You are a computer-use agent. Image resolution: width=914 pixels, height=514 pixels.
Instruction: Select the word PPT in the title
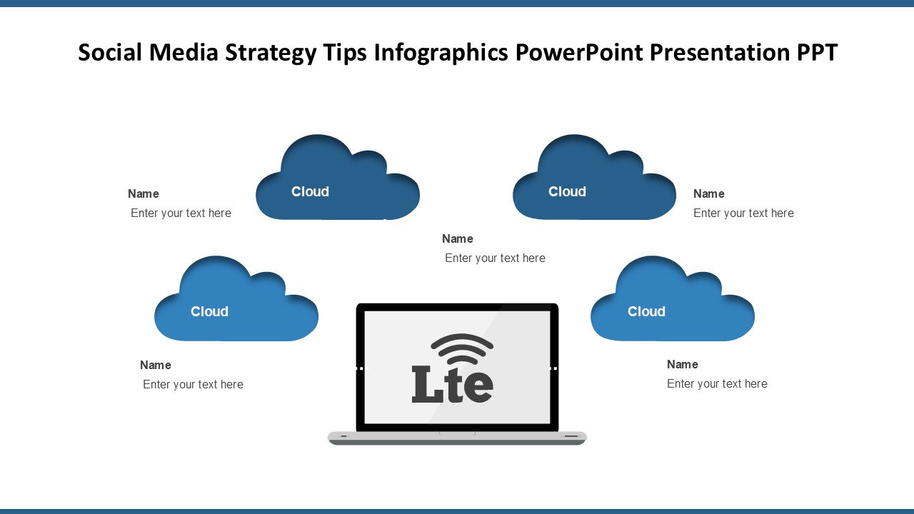point(818,52)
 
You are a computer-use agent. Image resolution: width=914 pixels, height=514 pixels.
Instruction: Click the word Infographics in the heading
point(441,53)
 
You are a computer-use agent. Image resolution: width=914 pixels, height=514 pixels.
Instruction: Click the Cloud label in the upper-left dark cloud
point(310,191)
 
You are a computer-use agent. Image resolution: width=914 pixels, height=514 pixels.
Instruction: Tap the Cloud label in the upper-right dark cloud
point(567,191)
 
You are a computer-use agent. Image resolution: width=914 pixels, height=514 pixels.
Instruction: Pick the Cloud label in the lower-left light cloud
point(209,311)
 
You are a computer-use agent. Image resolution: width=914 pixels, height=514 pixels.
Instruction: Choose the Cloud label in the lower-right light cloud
point(646,311)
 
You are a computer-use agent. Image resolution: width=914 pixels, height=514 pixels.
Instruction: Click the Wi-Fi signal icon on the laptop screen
point(462,349)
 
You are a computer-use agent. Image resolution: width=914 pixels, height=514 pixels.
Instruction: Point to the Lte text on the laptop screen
point(453,384)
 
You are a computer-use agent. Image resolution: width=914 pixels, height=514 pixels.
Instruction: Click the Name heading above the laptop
point(458,238)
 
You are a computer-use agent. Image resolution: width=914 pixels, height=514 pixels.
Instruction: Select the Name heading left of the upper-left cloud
point(144,193)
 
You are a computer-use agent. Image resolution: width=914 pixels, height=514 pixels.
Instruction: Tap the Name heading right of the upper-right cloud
point(709,193)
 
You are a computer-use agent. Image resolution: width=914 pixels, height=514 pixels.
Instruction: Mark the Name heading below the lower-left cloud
point(156,365)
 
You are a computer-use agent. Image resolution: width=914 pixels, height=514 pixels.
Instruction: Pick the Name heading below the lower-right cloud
point(682,364)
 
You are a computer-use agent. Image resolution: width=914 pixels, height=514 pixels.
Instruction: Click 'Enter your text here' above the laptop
point(495,258)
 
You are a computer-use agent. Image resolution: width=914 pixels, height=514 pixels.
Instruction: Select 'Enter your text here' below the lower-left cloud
point(193,385)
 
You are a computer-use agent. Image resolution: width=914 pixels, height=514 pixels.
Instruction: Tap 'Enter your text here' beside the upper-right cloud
point(743,213)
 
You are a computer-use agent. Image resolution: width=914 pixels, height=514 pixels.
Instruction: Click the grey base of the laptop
point(457,438)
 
